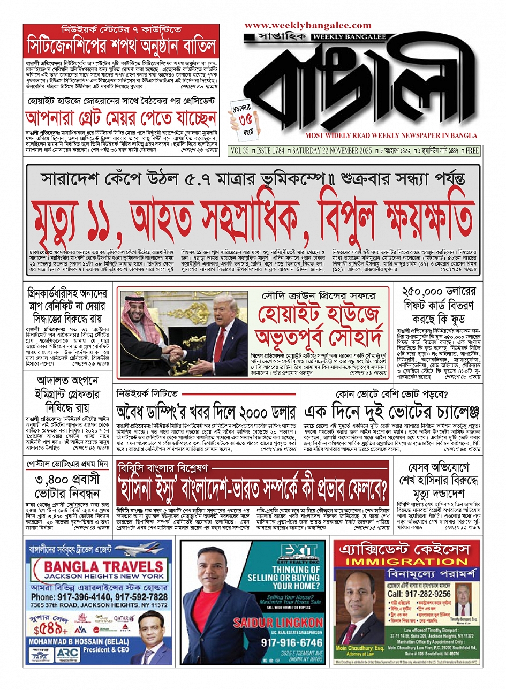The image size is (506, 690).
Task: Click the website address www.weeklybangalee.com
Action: point(308,25)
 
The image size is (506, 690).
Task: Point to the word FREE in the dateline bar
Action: point(472,151)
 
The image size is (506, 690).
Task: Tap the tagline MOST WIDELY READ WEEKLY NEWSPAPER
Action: point(391,136)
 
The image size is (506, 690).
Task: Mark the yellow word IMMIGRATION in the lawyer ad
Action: point(406,562)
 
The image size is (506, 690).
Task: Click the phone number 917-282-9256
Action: point(419,594)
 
